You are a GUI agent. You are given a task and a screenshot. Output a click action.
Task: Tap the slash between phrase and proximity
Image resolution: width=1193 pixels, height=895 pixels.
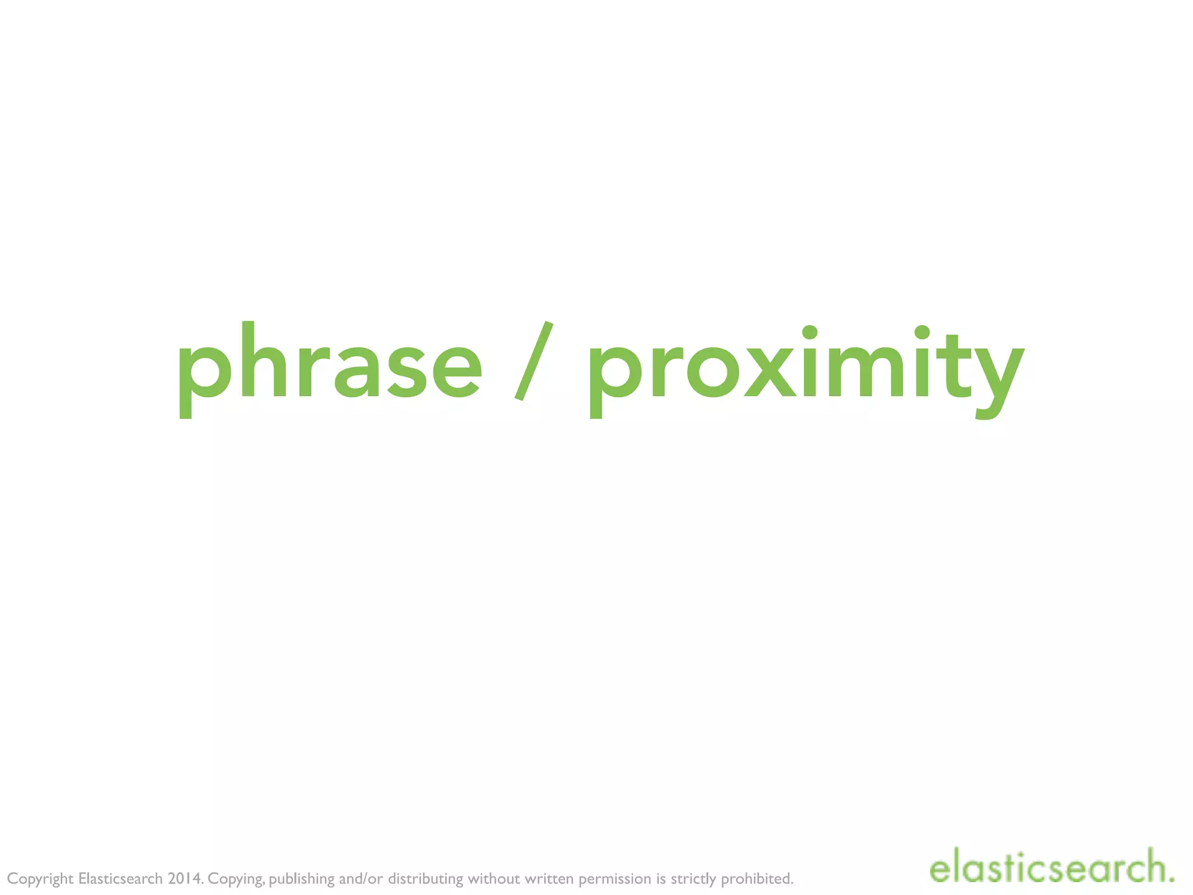click(534, 361)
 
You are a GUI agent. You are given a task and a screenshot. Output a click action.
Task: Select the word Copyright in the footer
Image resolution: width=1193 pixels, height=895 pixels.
click(40, 879)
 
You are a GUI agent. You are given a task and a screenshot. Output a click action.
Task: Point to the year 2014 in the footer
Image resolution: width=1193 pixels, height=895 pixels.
click(185, 878)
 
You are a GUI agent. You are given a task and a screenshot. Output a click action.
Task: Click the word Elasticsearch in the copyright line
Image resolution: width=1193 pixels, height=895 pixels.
click(120, 878)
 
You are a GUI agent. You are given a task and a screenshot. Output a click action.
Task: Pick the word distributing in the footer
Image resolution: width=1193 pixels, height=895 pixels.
click(425, 879)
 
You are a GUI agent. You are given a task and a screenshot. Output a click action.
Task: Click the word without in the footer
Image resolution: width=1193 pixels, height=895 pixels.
click(493, 878)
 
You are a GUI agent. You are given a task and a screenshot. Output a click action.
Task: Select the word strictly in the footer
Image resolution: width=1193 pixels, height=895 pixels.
click(693, 879)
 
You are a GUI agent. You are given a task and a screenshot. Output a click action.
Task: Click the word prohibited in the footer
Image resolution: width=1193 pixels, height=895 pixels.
click(757, 878)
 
